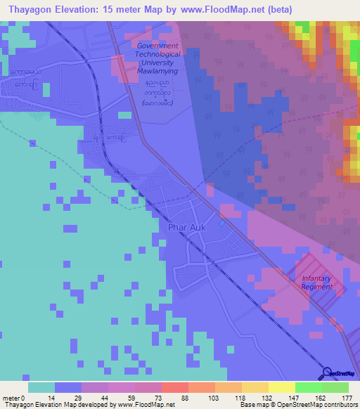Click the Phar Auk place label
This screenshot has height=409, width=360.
[186, 228]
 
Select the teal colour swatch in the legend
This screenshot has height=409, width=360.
[41, 387]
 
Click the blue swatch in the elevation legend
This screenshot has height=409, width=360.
[68, 387]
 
